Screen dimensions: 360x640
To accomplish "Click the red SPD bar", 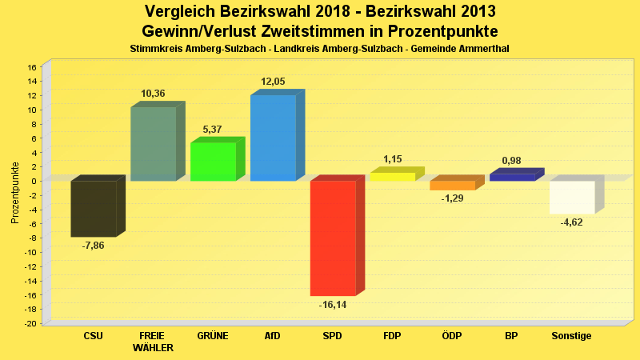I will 333,238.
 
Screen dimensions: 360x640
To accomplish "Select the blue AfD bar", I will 273,138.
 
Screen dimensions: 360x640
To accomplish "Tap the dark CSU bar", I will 94,208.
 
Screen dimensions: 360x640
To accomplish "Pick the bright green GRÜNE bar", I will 213,161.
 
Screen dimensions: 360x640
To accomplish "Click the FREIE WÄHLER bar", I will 154,143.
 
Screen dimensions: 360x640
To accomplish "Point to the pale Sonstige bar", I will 572,197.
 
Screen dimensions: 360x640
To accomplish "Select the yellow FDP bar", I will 393,176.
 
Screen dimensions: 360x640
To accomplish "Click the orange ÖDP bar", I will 453,185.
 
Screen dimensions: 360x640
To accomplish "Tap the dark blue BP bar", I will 512,177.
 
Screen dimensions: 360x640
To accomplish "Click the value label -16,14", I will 333,305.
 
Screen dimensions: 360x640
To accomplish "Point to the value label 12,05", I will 273,82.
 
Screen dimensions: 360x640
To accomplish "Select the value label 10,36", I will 154,94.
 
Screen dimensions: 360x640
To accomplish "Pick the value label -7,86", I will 94,246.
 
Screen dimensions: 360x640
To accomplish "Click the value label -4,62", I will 572,222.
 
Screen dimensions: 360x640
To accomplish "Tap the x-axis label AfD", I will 273,336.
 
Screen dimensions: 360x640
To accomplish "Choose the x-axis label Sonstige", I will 572,336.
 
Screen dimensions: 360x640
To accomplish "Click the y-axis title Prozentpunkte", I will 15,193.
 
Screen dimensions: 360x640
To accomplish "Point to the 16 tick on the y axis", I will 34,67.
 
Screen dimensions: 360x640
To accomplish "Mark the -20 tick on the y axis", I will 32,323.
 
